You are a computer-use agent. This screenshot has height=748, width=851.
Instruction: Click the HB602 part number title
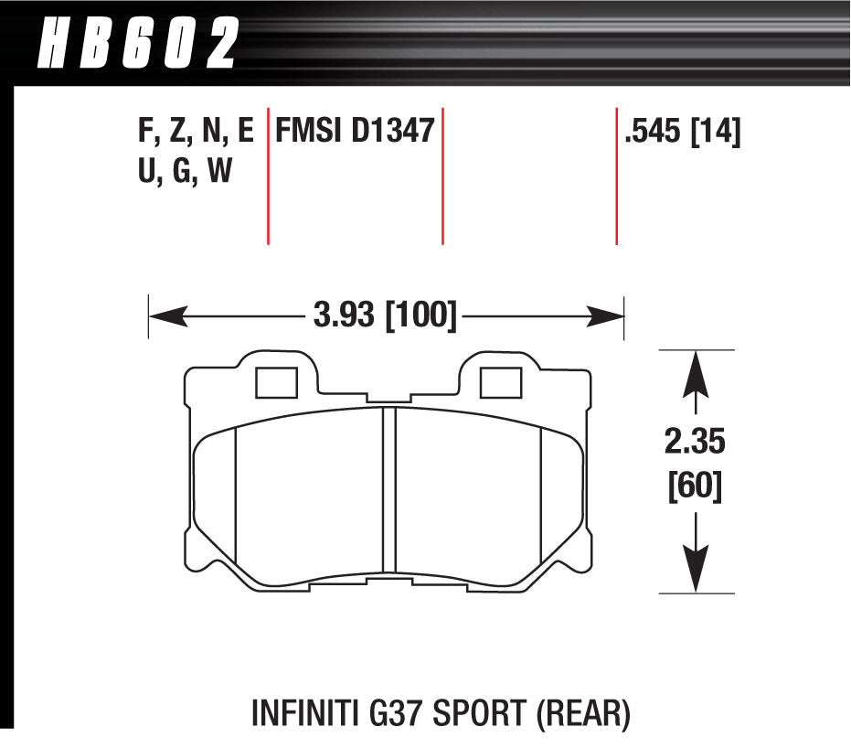(x=138, y=43)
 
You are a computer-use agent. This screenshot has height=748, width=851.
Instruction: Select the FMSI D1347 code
(x=355, y=131)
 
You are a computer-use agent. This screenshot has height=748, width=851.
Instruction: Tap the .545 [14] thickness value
(x=683, y=132)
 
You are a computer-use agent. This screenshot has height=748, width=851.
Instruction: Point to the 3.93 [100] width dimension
(x=385, y=315)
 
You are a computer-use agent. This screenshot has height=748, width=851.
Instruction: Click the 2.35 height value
(x=695, y=441)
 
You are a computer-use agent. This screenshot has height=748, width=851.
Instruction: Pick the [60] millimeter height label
(x=695, y=486)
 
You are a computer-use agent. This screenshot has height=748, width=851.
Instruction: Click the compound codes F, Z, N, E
(x=196, y=132)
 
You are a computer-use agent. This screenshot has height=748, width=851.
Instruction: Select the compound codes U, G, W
(x=185, y=170)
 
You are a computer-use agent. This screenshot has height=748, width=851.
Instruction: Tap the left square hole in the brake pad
(x=276, y=382)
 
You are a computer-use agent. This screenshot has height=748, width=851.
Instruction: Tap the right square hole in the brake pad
(x=500, y=382)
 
